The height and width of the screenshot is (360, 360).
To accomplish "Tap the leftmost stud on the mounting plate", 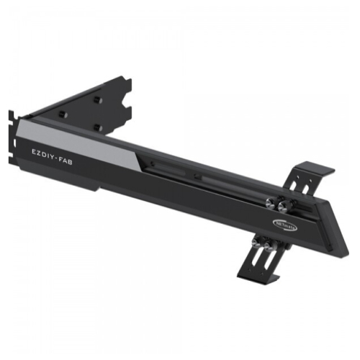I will coord(62,114).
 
